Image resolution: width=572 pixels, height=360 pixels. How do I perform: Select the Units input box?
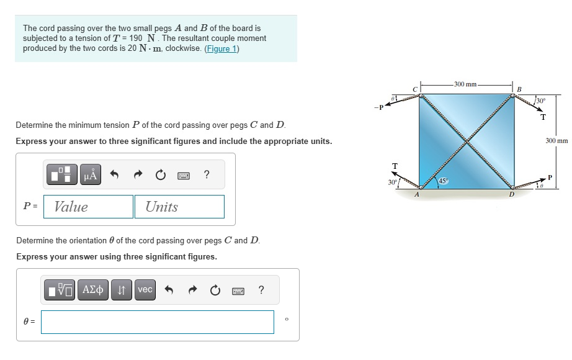pos(179,207)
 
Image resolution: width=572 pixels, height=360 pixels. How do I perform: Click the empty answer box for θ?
pos(158,322)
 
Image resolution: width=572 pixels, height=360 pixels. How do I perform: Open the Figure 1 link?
pos(222,48)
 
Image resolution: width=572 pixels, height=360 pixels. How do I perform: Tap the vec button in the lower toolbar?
pos(145,290)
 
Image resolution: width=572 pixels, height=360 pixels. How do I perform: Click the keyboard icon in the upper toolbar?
pos(183,175)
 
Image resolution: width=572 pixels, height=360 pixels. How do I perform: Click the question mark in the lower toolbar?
pos(261,290)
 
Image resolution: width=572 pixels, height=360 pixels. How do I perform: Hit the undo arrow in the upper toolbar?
pos(114,175)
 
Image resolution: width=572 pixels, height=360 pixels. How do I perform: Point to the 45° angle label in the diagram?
pos(443,181)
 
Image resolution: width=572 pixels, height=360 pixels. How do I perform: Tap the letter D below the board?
pos(511,194)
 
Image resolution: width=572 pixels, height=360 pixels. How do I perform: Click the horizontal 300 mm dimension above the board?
pos(465,84)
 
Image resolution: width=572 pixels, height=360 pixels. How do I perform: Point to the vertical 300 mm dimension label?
pos(556,141)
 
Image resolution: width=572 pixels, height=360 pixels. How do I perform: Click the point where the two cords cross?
pos(467,142)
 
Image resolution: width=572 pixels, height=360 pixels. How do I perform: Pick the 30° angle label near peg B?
pos(541,101)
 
